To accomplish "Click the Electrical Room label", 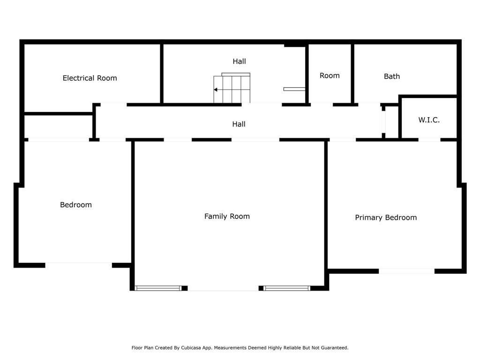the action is coord(90,78).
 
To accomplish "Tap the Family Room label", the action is coord(227,217).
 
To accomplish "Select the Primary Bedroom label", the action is coord(386,217).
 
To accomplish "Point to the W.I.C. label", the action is coord(429,120).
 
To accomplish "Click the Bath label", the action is coord(392,76).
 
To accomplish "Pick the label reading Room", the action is coord(330,75).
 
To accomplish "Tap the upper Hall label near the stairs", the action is coord(239,61).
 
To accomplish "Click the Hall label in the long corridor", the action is coord(239,124).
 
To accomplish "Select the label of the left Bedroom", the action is coord(76,205).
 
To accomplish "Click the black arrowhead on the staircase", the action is coord(216,90).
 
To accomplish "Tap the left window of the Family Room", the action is coord(158,288).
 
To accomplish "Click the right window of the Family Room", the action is coord(287,288).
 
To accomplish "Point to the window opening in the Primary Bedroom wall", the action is coord(406,271).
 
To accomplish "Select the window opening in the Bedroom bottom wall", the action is coord(79,265).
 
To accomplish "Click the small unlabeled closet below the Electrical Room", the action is coord(59,127).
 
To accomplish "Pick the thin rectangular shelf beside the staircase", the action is coord(294,89).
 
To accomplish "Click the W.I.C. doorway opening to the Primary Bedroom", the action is coord(429,140).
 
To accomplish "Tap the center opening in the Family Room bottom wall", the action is coord(223,288).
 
